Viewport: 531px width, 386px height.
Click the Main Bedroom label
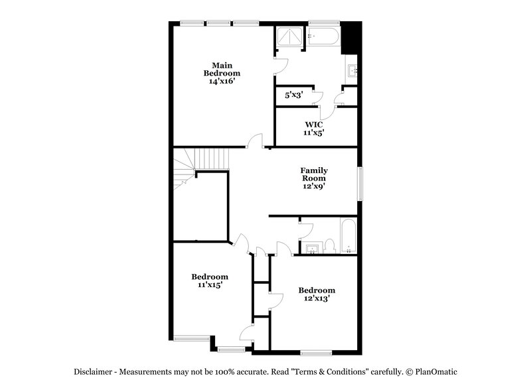pyautogui.click(x=222, y=69)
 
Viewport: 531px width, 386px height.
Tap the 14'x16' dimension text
pyautogui.click(x=222, y=81)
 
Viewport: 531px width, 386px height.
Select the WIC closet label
pyautogui.click(x=314, y=124)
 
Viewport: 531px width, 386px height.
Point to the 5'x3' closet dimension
pyautogui.click(x=293, y=95)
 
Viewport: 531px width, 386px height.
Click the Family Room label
pyautogui.click(x=314, y=174)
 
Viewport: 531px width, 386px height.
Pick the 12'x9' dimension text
pyautogui.click(x=314, y=186)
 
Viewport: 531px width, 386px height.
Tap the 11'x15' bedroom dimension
pyautogui.click(x=210, y=285)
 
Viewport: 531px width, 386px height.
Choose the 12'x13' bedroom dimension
pyautogui.click(x=316, y=298)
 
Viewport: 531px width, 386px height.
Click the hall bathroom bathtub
pyautogui.click(x=348, y=236)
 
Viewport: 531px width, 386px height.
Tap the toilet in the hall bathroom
pyautogui.click(x=330, y=247)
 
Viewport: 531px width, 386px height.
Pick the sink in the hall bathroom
pyautogui.click(x=313, y=248)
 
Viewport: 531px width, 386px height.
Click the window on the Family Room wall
pyautogui.click(x=360, y=182)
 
